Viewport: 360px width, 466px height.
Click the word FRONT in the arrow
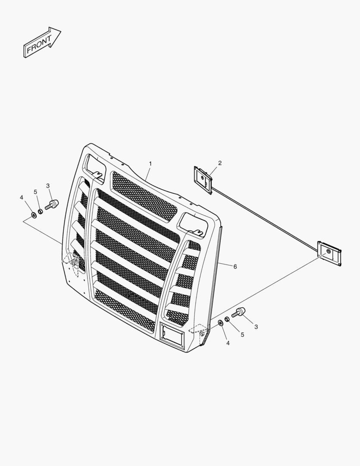39,44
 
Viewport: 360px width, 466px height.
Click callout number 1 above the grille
150,164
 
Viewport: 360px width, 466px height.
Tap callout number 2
220,163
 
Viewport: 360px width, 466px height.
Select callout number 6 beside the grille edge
235,267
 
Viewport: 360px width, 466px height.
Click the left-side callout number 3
48,186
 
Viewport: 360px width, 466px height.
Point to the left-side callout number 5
36,192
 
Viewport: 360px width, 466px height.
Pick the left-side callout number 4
22,197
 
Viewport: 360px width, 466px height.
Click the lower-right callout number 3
256,327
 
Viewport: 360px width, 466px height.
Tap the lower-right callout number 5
242,335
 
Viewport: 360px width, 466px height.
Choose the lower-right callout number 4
228,343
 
